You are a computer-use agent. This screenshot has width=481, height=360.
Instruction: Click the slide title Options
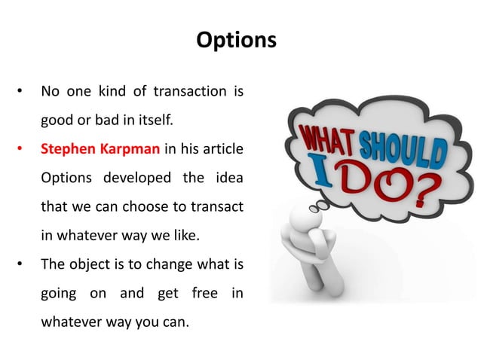click(x=236, y=39)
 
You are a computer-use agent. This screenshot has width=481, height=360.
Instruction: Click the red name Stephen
click(x=68, y=148)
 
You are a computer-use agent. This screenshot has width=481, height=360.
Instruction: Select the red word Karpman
click(x=128, y=148)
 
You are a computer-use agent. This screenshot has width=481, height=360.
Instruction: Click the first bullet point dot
click(x=20, y=93)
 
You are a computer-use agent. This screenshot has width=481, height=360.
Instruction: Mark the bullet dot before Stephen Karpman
click(x=20, y=149)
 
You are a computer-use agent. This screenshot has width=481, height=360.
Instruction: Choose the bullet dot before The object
click(x=20, y=263)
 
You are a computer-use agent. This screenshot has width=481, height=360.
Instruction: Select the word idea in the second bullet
click(x=229, y=177)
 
